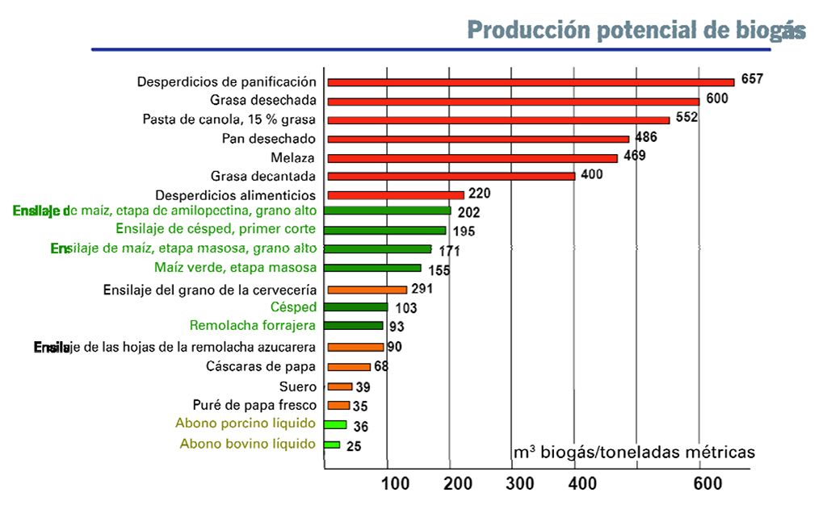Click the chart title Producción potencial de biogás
636,30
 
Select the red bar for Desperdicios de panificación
531,81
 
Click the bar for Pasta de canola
498,119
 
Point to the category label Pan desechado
269,139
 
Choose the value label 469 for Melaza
634,156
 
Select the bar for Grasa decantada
451,176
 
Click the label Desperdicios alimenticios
235,195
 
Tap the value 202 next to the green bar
468,213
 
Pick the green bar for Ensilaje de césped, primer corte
387,230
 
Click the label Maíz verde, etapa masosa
235,268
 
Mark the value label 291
424,288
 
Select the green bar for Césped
357,307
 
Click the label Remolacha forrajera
253,326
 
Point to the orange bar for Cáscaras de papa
349,367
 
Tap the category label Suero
297,386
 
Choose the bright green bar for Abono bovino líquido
332,444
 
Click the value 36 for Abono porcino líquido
361,426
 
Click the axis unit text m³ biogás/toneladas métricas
634,453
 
